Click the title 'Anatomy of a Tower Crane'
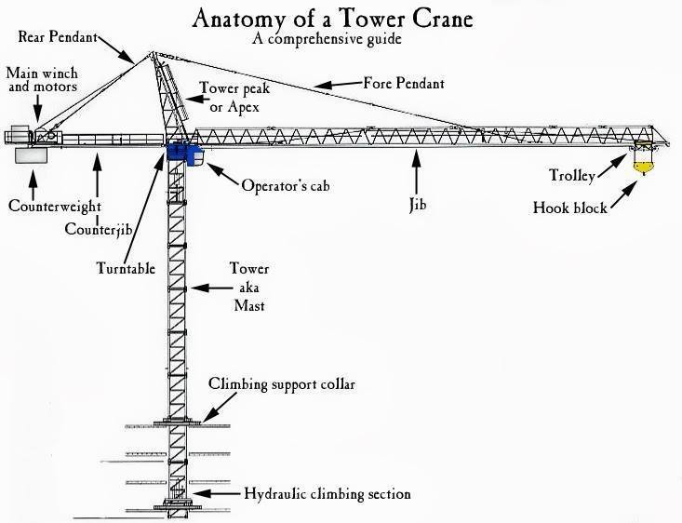[x=341, y=19]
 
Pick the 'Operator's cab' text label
[x=286, y=185]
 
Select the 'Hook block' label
[x=569, y=208]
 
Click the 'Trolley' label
[x=572, y=175]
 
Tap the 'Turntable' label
[x=125, y=268]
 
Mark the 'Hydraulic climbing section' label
[x=327, y=494]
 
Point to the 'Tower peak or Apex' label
[x=227, y=98]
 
